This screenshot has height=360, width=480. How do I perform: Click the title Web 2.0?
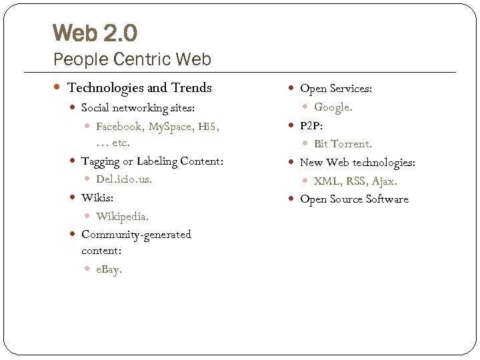tap(95, 33)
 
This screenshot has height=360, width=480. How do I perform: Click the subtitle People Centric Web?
tap(132, 59)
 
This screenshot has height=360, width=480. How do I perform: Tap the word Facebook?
tap(119, 127)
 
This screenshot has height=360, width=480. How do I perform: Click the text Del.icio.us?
tap(124, 179)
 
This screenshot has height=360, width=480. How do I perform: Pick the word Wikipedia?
tap(122, 216)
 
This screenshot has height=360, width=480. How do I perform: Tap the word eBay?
tap(109, 270)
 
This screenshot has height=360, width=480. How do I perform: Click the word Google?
tap(333, 107)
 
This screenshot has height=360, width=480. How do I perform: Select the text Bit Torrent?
tap(343, 144)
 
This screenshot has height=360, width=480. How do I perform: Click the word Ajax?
tap(384, 181)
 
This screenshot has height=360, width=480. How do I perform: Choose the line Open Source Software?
tap(354, 199)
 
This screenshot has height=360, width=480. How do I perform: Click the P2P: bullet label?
tap(311, 125)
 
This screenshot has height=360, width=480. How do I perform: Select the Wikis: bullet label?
tap(97, 198)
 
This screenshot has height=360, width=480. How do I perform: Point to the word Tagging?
tap(102, 162)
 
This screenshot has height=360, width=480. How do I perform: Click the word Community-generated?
tap(136, 235)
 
